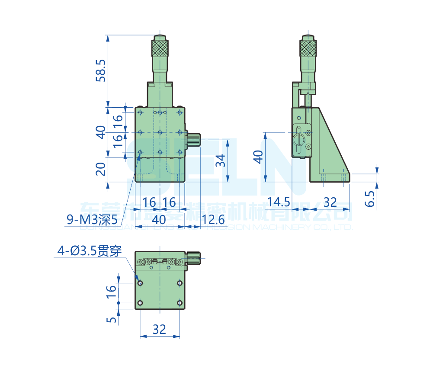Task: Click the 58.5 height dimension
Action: click(x=101, y=71)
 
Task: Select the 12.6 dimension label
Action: click(x=213, y=220)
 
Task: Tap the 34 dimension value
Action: click(x=220, y=160)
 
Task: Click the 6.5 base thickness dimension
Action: click(x=370, y=199)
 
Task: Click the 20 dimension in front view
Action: click(x=101, y=169)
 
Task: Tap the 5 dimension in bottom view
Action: click(x=112, y=320)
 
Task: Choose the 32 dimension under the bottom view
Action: click(x=159, y=329)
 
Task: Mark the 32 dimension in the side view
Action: click(x=330, y=202)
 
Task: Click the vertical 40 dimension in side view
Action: click(x=258, y=157)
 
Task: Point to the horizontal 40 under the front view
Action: click(x=159, y=220)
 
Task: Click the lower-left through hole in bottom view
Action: click(x=140, y=303)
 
